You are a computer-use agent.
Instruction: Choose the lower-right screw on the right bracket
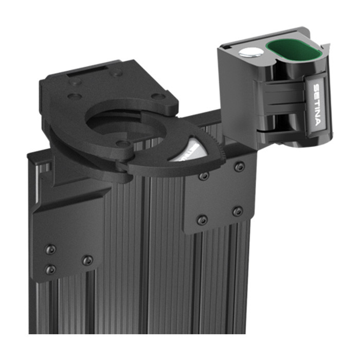coord(237,211)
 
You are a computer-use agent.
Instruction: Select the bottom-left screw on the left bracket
coord(50,269)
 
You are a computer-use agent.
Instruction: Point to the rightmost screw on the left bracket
coord(88,260)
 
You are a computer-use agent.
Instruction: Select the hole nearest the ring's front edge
coord(122,143)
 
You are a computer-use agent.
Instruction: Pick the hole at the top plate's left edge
coord(75,96)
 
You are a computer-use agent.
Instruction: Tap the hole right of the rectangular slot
coord(117,73)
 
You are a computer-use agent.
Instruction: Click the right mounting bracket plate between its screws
coord(221,193)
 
